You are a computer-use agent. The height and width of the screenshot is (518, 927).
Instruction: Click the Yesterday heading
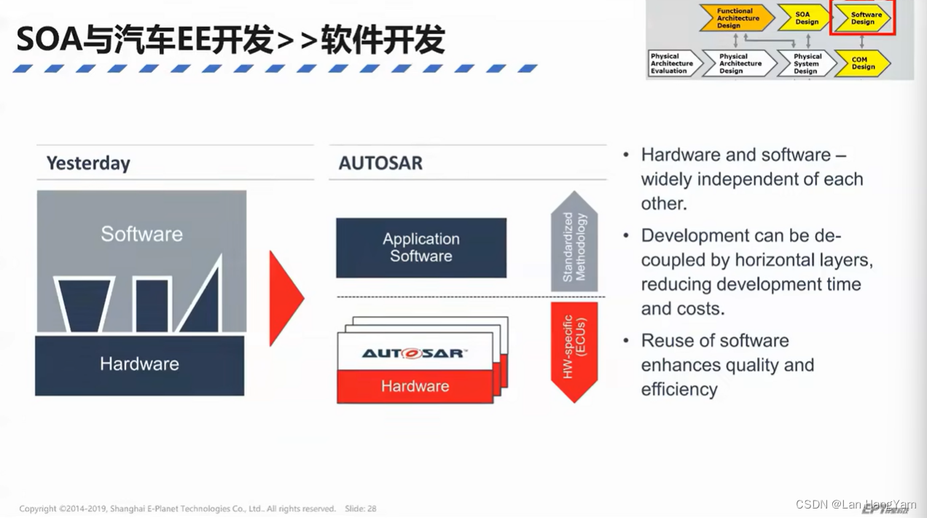[88, 163]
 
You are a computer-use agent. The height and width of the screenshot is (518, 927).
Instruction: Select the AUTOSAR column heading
[380, 163]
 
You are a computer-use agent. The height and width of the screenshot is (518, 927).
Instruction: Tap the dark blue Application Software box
[421, 248]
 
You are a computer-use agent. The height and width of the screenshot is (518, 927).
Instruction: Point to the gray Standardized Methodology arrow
[574, 245]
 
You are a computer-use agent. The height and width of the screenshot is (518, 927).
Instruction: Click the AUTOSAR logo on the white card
[414, 353]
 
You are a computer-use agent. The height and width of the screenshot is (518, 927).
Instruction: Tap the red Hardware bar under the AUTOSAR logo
[415, 386]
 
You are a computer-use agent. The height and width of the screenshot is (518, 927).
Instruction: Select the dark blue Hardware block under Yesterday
[139, 364]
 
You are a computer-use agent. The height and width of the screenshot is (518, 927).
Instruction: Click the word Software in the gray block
[141, 234]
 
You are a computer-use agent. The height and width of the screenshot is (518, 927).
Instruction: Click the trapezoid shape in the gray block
[84, 305]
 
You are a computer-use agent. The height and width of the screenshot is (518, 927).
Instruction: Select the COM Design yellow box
[863, 64]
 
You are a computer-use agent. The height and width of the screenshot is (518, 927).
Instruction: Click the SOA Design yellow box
[805, 18]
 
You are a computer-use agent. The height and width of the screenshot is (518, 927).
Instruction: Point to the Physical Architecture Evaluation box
[671, 63]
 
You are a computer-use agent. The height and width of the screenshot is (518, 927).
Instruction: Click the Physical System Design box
[806, 64]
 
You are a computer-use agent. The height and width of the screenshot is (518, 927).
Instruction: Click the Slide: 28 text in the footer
[361, 509]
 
